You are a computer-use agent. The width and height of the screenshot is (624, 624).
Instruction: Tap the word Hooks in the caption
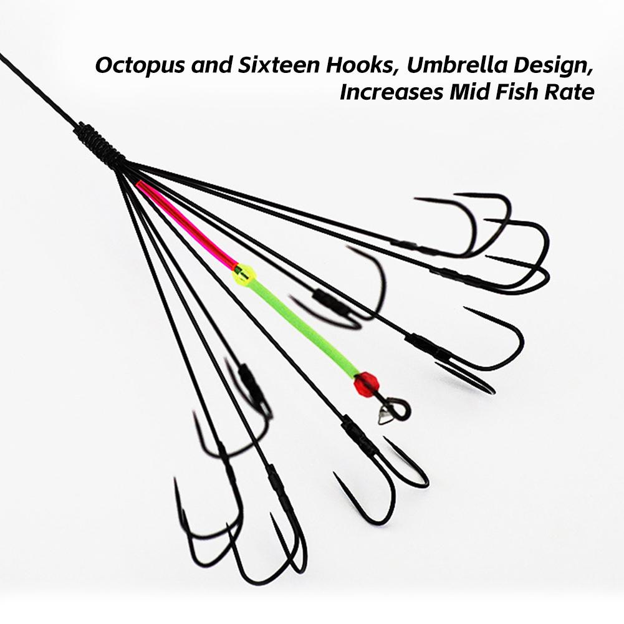tap(363, 65)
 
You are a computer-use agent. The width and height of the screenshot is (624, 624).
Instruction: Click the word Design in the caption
tap(553, 66)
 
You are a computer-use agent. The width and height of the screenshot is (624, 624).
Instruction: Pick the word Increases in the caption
tap(391, 92)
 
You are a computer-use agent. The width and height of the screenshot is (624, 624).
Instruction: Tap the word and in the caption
tap(211, 65)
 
